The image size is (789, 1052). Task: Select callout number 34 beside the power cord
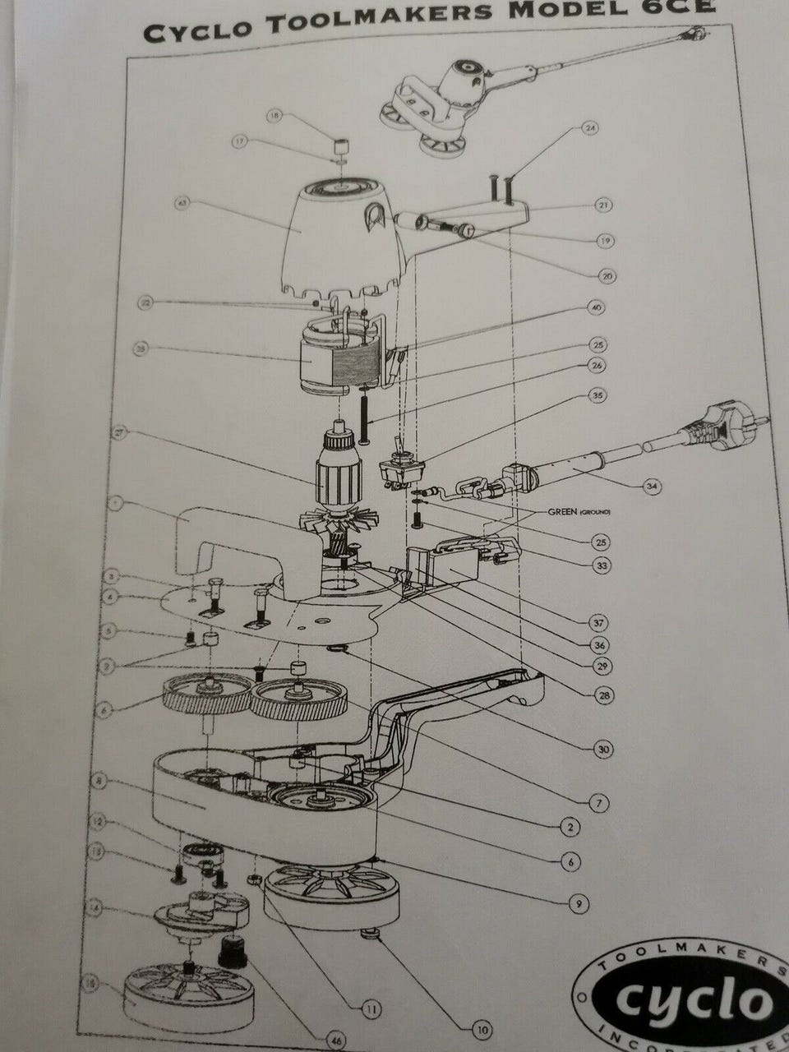[652, 487]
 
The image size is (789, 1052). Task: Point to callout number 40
[596, 306]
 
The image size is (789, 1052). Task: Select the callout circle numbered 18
[274, 118]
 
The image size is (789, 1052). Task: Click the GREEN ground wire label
[568, 511]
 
